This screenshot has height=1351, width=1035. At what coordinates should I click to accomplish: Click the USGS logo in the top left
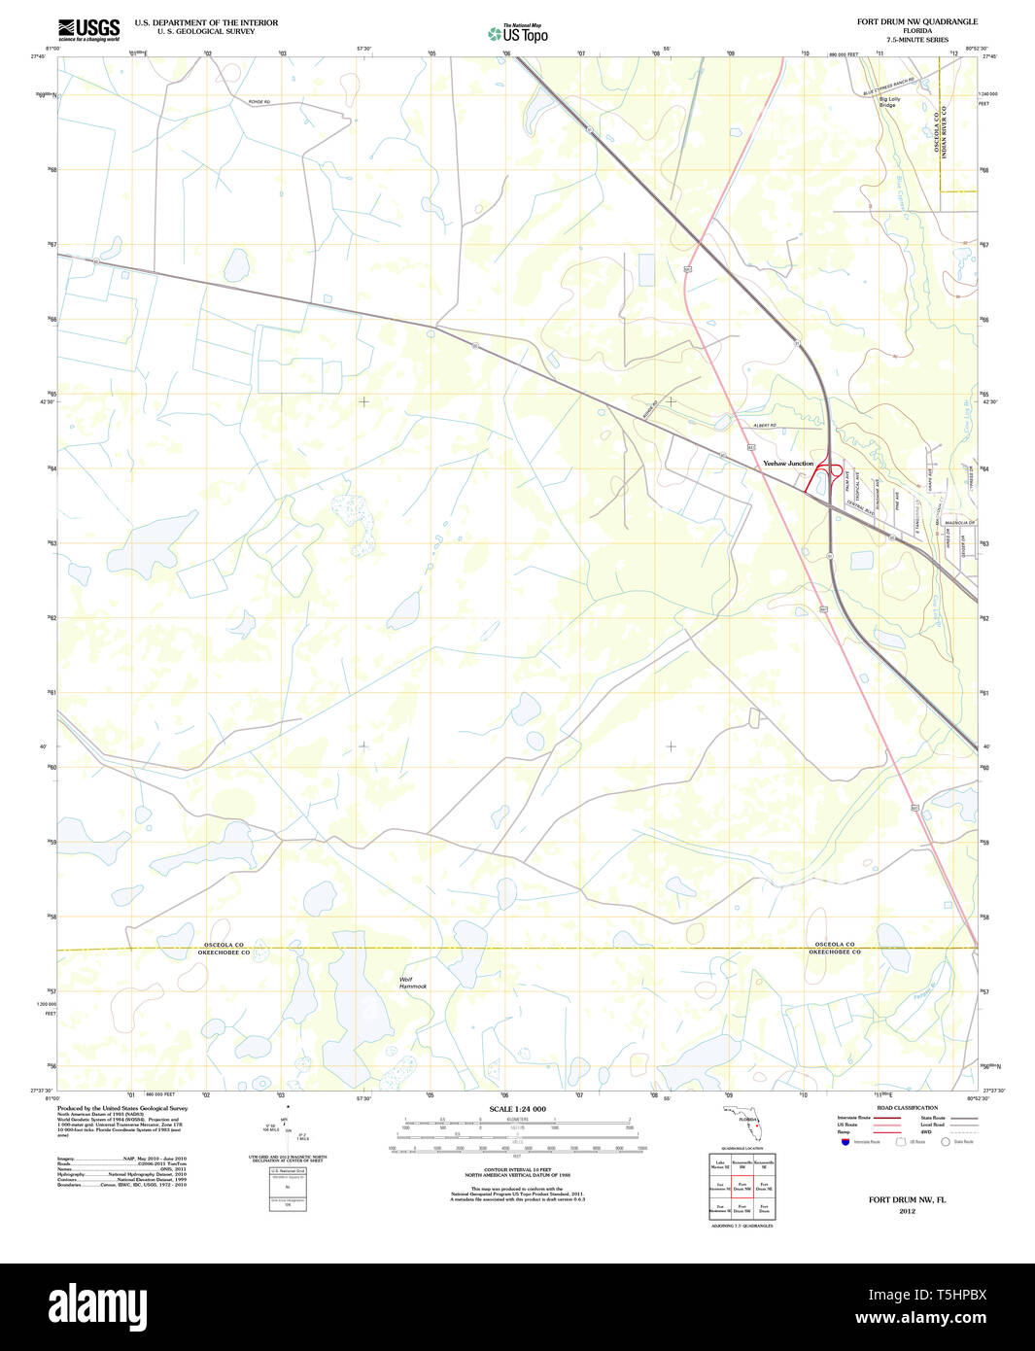(88, 29)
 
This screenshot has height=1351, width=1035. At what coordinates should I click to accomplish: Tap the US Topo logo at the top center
(518, 34)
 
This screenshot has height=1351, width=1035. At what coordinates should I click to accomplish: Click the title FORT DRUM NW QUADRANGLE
(916, 21)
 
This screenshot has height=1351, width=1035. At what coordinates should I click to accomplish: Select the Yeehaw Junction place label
(788, 464)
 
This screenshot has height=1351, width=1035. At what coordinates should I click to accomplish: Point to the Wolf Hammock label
(412, 983)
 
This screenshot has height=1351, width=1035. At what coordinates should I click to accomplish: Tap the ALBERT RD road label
(765, 426)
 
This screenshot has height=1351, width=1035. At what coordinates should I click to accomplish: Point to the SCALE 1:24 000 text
(517, 1109)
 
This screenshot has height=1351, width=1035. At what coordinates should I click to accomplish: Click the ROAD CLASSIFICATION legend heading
(907, 1108)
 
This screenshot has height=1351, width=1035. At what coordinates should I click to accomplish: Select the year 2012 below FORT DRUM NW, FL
(907, 1211)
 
